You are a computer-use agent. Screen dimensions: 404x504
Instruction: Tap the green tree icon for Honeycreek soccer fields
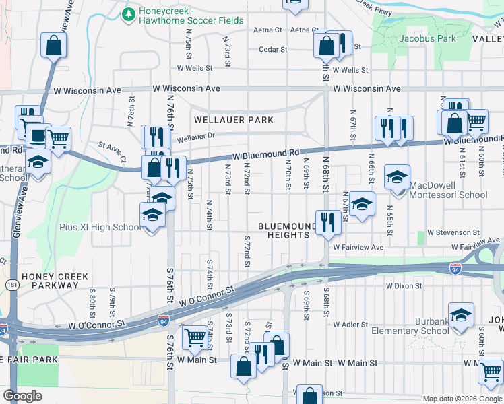coord(128,13)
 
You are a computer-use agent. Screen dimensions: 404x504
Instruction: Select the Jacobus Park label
coord(432,38)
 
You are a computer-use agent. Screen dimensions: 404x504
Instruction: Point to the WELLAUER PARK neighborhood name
coord(234,120)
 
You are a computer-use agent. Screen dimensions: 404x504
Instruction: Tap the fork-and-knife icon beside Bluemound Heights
coord(327,222)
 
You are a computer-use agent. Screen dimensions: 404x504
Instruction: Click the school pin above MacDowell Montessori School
coord(397,178)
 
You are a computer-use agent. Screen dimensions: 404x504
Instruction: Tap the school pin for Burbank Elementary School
coord(461,315)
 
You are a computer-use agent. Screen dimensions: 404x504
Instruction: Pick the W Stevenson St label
coord(462,232)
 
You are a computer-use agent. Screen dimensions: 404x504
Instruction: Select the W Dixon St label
coord(404,285)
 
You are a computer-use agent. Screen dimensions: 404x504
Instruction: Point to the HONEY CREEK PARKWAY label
coord(50,281)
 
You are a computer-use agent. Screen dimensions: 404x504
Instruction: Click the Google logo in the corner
coord(22,395)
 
